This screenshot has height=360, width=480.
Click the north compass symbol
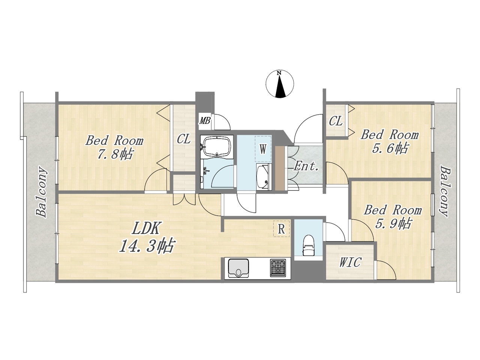(279, 84)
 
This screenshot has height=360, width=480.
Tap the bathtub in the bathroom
(216, 146)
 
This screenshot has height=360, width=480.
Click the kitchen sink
(238, 268)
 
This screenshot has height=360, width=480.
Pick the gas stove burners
(278, 268)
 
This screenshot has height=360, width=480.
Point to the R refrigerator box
(281, 229)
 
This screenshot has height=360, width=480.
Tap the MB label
(205, 120)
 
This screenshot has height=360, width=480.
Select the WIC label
(350, 262)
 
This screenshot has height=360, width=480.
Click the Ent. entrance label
(306, 167)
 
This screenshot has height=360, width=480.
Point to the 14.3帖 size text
(147, 246)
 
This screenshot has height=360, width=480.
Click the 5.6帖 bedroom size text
(390, 148)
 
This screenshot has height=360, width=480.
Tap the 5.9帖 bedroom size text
(393, 223)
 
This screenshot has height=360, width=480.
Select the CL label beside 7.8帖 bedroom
(183, 139)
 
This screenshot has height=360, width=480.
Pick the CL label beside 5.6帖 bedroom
(336, 121)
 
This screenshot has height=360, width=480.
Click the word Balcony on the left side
(42, 192)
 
